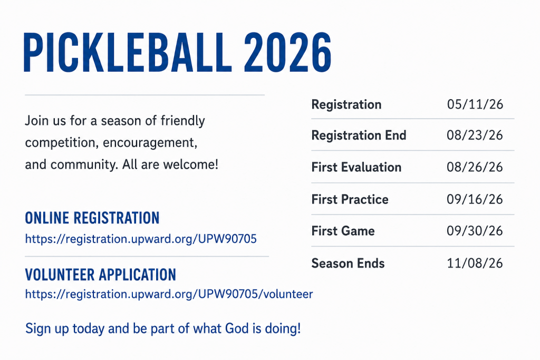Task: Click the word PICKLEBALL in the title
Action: click(126, 52)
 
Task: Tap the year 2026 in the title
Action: click(287, 52)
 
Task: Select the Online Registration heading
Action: click(92, 218)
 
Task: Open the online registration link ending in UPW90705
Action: click(141, 239)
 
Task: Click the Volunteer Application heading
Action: click(101, 275)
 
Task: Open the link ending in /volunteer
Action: click(169, 294)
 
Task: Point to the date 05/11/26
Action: click(475, 104)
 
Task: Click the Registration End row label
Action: click(359, 135)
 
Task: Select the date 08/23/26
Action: click(475, 135)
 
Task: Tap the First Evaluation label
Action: click(356, 167)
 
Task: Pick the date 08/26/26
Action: click(475, 167)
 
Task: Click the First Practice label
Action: click(350, 199)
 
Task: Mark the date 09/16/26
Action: click(475, 199)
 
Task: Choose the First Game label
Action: click(343, 231)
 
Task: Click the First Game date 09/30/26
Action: click(475, 231)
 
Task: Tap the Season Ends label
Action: click(348, 264)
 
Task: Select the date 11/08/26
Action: click(475, 264)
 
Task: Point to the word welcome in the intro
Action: click(190, 164)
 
